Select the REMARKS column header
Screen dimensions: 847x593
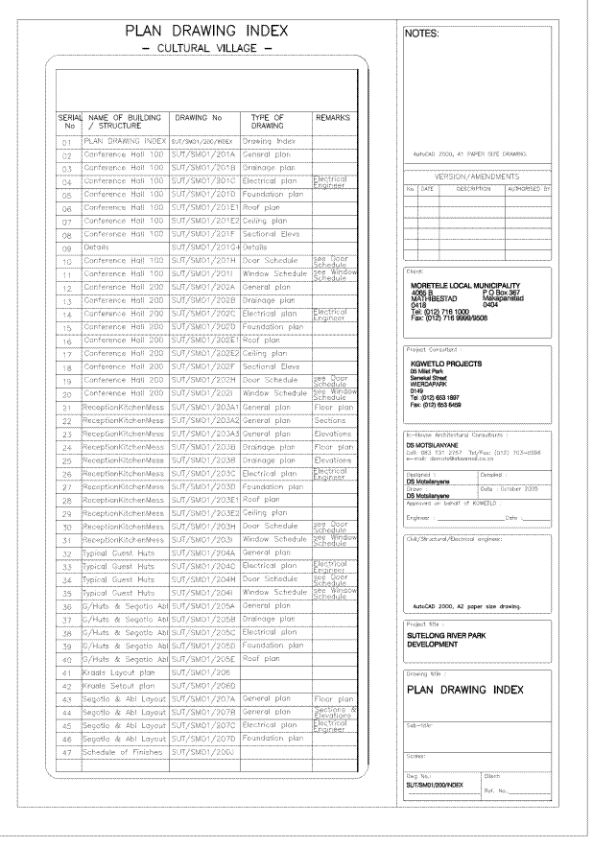(332, 119)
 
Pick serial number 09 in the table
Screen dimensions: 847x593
(67, 247)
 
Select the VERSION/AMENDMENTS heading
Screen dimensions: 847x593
(477, 177)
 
